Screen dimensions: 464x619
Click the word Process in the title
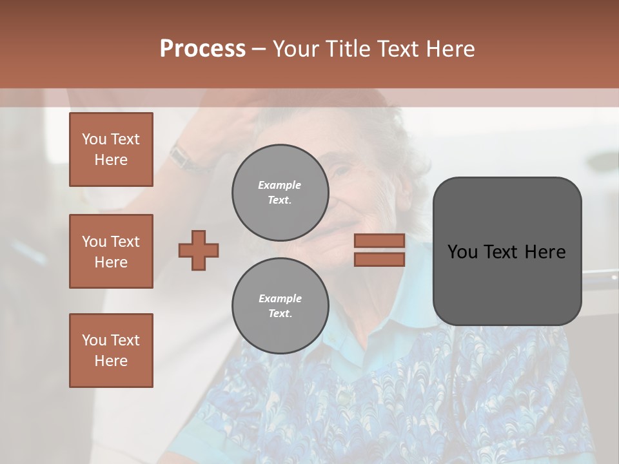coord(202,49)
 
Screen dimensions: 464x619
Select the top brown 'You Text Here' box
coord(111,150)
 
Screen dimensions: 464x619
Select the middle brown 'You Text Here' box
coord(111,251)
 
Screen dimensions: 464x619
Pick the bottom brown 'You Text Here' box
coord(111,351)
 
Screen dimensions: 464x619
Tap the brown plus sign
coord(199,250)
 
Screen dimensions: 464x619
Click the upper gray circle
coord(280,192)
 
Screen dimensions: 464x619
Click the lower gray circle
coord(280,305)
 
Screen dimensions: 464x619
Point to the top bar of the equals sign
coord(379,240)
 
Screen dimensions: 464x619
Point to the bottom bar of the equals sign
coord(379,259)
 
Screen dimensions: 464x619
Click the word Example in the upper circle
coord(280,185)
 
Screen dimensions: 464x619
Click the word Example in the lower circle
coord(280,298)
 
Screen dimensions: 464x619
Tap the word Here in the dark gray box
coord(545,252)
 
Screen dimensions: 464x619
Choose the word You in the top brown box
coord(94,139)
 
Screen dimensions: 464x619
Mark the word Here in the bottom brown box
coord(111,361)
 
